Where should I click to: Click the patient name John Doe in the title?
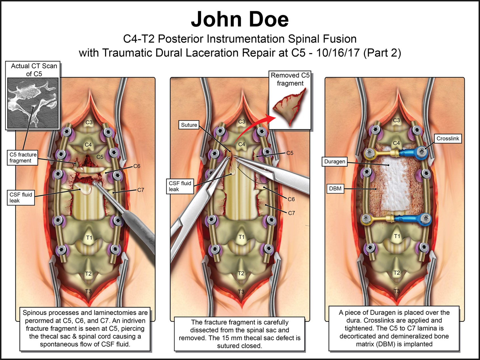(240, 19)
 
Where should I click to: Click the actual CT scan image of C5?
(33, 103)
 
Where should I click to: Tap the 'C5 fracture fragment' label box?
(23, 157)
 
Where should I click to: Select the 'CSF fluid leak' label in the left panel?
(21, 197)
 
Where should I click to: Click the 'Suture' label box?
(189, 125)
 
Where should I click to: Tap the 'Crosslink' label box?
(448, 138)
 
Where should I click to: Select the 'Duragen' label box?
(335, 161)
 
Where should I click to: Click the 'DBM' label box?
(335, 189)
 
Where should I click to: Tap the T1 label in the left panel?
(89, 237)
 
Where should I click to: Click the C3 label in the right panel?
(396, 120)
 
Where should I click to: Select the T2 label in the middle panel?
(241, 273)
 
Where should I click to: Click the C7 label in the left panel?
(140, 190)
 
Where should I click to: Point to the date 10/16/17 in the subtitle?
(338, 53)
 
